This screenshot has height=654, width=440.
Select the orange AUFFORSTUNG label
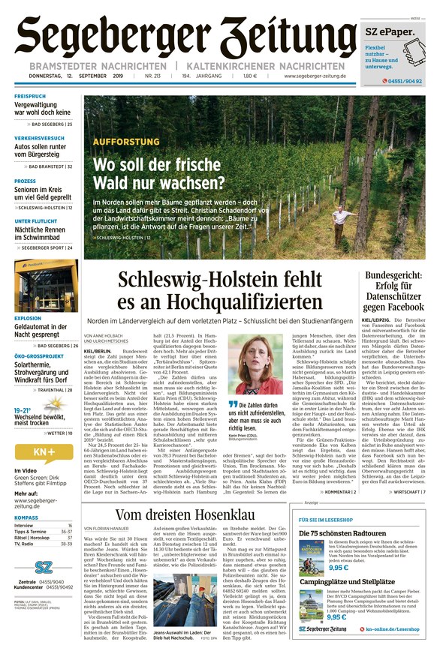(126, 142)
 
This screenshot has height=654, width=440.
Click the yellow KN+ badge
(44, 451)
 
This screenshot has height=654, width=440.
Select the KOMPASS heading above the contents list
(26, 517)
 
